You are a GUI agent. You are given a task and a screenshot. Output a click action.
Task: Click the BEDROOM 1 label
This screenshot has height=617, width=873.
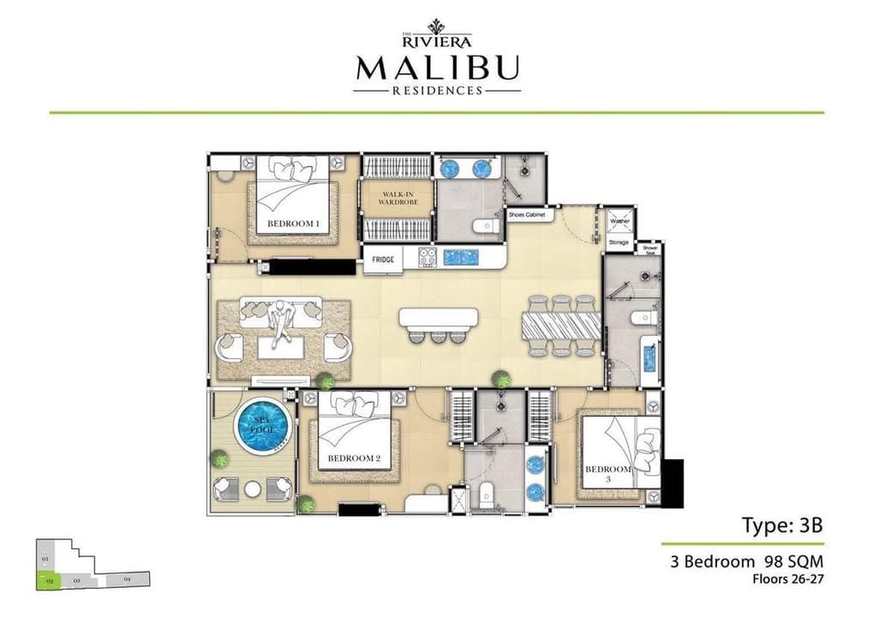point(293,225)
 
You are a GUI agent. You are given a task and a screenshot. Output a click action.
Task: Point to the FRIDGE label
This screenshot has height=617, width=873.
point(382,258)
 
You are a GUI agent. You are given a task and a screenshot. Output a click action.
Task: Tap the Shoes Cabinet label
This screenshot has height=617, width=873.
point(529,214)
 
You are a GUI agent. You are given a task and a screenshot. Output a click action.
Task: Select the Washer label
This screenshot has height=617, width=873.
point(619,221)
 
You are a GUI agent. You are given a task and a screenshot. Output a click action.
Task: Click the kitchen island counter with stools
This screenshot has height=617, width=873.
point(437,319)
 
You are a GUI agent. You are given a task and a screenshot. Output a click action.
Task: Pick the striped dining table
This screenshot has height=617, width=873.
point(561,325)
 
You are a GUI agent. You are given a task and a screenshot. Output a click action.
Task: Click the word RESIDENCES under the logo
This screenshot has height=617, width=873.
point(437,90)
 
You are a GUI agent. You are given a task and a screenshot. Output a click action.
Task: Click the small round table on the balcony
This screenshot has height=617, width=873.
point(252,488)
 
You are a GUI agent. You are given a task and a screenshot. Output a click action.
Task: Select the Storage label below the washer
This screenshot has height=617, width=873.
point(619,243)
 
